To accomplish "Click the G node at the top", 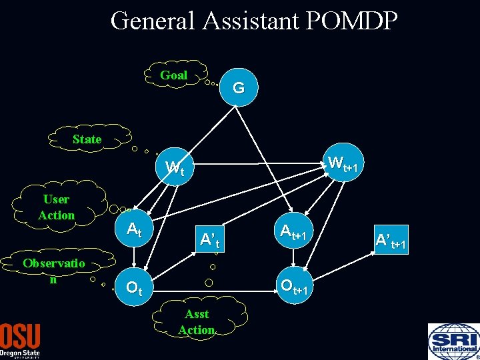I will point(238,87).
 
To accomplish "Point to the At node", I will point(135,231).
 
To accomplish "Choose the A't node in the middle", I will point(209,238).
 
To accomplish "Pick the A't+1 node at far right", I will point(391,241).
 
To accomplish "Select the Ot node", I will point(134,289).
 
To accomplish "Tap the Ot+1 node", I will point(293,286).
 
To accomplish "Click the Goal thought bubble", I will point(173,75).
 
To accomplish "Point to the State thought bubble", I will point(87,139).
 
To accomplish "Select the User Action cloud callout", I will point(57,207).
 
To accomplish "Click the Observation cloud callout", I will point(53,270).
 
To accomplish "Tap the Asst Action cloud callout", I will point(197,321).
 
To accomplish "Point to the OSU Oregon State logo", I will point(20,340).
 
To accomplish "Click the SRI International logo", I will point(453,340).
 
